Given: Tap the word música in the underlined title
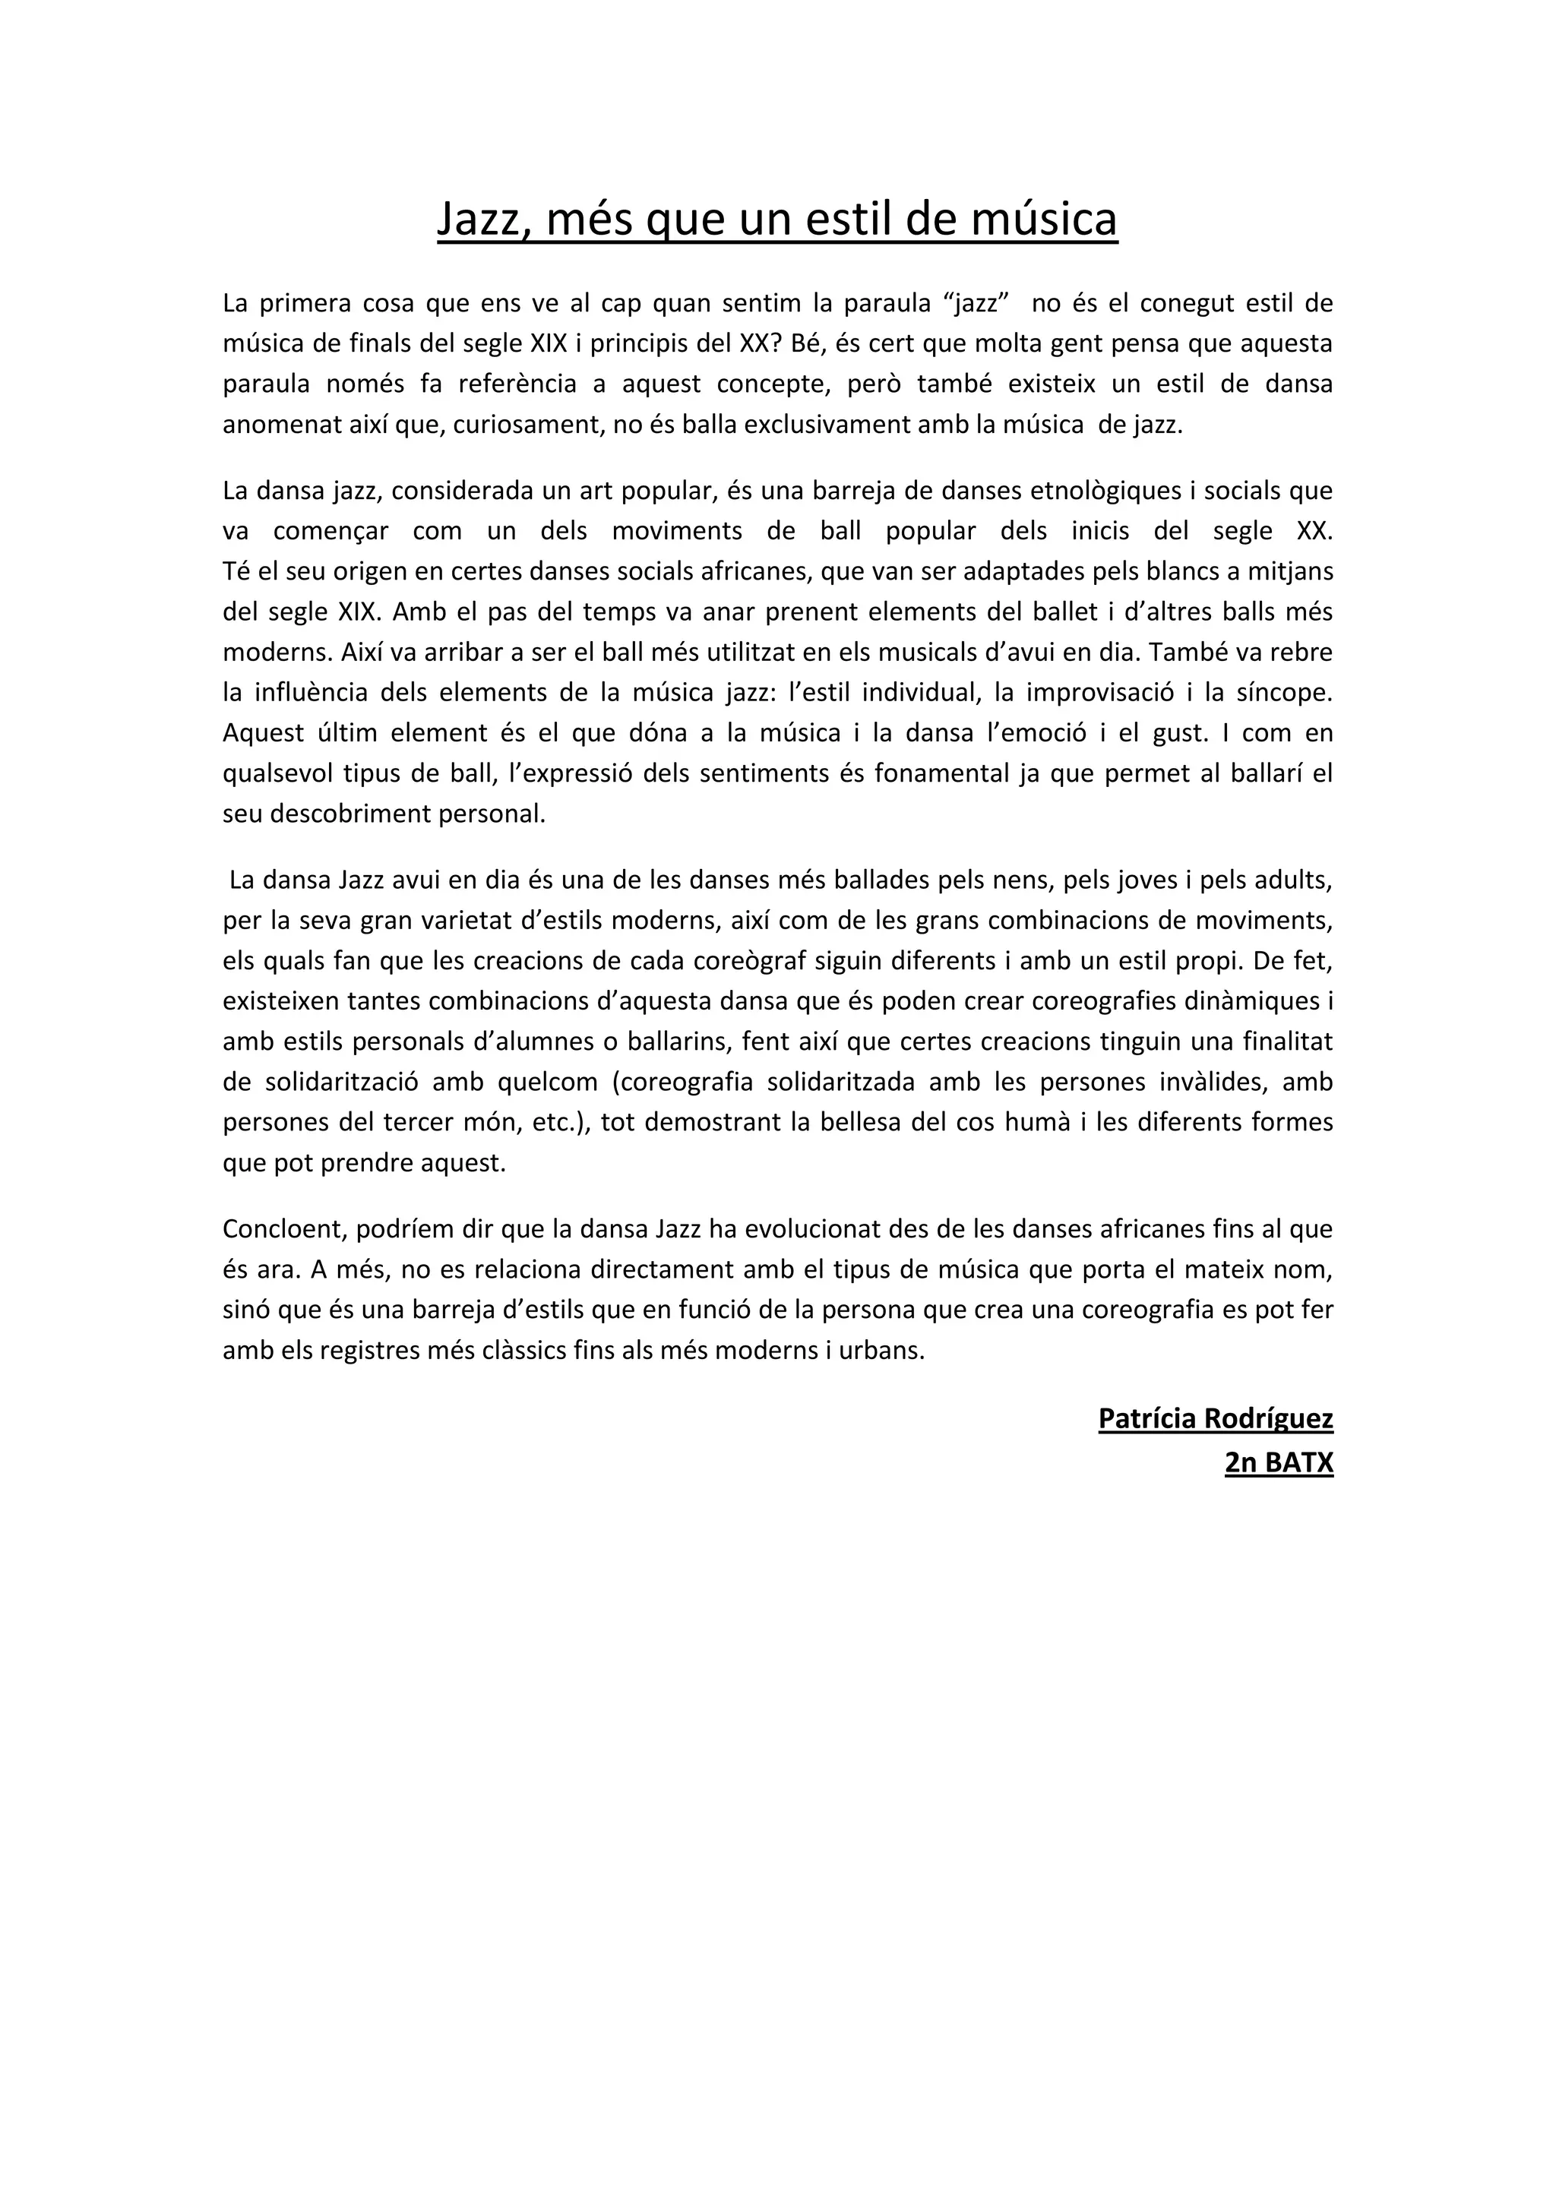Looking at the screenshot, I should pos(1045,220).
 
